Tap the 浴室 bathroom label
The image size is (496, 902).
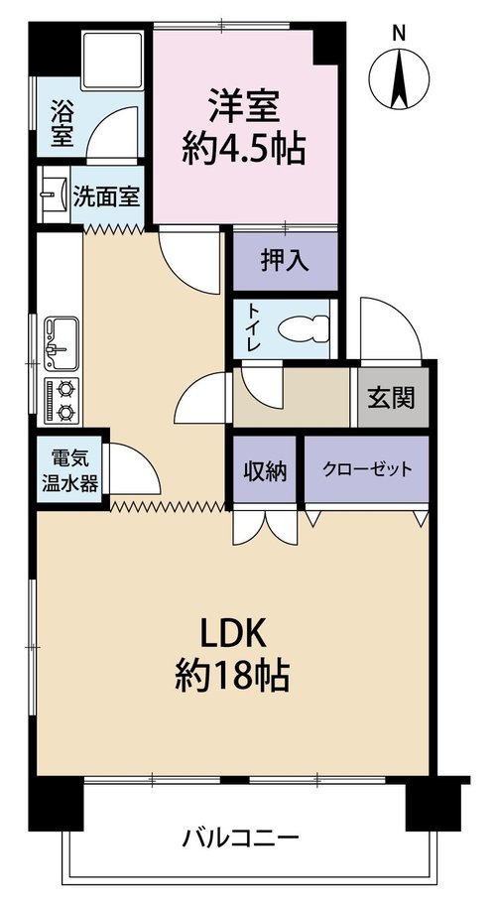pyautogui.click(x=62, y=123)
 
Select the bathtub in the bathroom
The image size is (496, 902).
pyautogui.click(x=113, y=61)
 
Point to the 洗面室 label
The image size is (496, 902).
pyautogui.click(x=106, y=197)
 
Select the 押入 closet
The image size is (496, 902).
pyautogui.click(x=286, y=262)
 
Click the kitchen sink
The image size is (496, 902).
pyautogui.click(x=62, y=343)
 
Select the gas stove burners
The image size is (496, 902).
pyautogui.click(x=62, y=400)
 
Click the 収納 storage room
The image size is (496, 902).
pyautogui.click(x=265, y=471)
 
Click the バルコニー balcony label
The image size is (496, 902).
pyautogui.click(x=241, y=838)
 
